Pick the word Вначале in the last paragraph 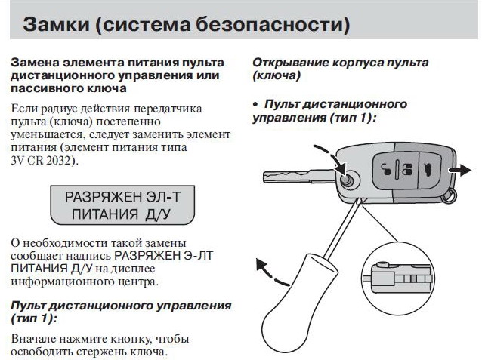tap(32, 337)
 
